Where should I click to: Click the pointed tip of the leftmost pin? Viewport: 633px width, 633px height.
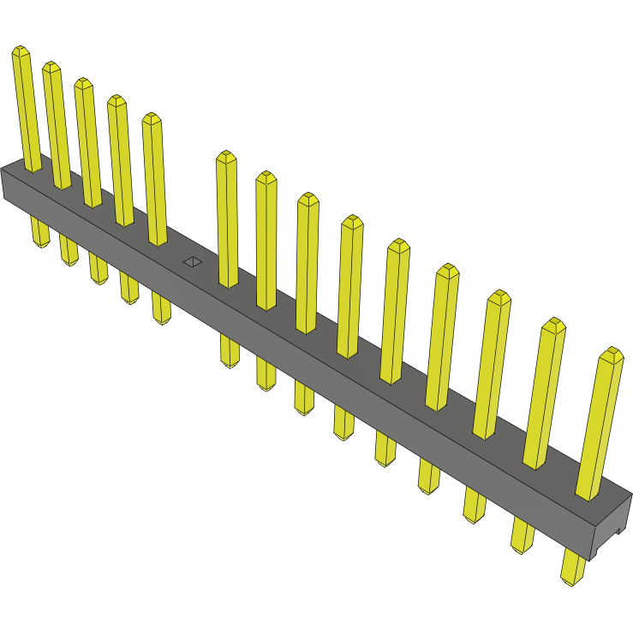point(21,52)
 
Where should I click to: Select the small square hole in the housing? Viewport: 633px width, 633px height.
point(193,261)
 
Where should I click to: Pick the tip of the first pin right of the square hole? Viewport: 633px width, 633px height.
point(225,158)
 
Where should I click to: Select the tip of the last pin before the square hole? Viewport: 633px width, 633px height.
point(152,119)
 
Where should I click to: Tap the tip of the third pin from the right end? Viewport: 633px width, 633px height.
point(499,297)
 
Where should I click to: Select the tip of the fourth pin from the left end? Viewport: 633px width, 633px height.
point(116,101)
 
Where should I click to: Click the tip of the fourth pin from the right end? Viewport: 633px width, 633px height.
point(447,271)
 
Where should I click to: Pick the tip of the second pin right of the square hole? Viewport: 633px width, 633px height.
point(266,177)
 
